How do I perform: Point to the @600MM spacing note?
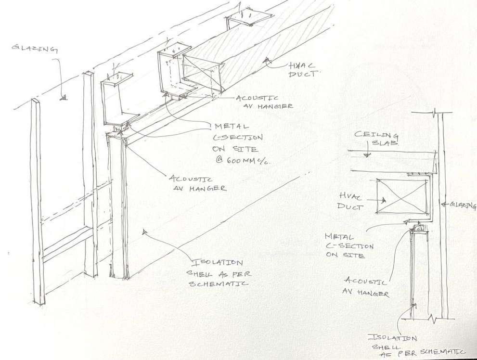(241, 160)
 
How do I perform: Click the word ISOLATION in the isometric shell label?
(218, 263)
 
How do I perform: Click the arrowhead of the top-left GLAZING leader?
(62, 98)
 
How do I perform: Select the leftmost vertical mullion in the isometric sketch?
(37, 202)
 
